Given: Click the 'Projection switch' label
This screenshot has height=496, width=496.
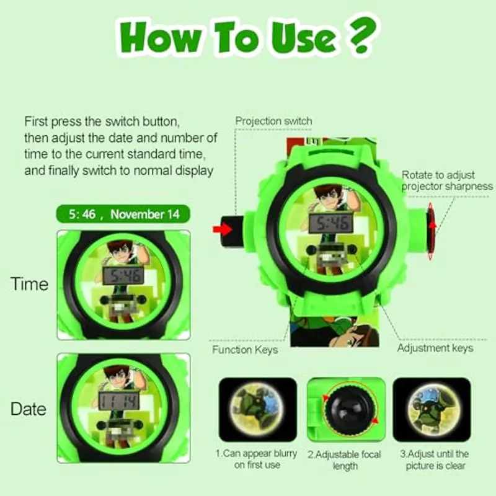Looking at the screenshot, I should click(273, 121).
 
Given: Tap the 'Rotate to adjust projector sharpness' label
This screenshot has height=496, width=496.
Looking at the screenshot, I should click(446, 180).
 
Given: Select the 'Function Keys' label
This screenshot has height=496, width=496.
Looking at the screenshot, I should click(245, 350).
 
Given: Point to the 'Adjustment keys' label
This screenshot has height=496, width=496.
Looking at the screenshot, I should click(435, 348).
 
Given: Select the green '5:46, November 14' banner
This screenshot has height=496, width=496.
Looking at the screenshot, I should click(123, 215).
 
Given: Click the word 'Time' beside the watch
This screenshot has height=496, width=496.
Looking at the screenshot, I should click(29, 284).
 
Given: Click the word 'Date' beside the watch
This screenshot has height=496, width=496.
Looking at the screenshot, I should click(29, 409).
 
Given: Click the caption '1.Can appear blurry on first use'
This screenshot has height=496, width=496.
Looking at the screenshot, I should click(256, 459).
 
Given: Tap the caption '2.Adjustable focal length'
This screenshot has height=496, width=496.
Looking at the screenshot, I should click(345, 459).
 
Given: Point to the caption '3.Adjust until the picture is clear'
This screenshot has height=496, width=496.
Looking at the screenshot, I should click(433, 459).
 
